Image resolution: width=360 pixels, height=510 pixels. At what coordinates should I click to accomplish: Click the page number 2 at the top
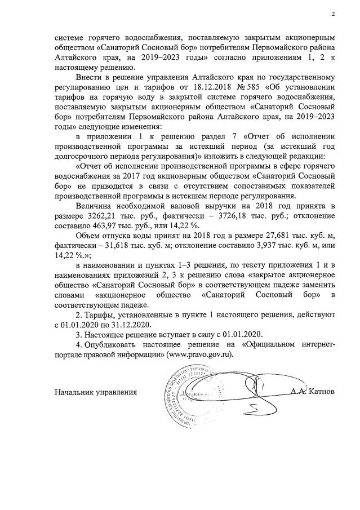[333, 14]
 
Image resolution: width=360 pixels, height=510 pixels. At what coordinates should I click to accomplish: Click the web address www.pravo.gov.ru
[197, 356]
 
